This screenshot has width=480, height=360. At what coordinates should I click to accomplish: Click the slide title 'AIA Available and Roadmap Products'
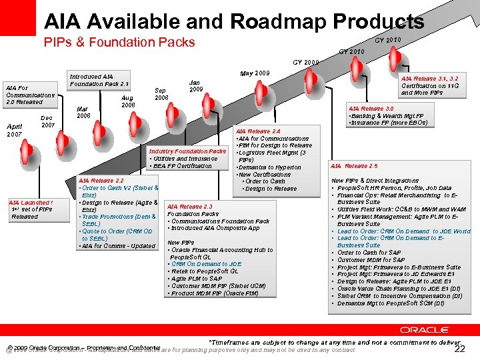pos(234,21)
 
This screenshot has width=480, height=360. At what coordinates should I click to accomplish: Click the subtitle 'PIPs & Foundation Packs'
pos(119,43)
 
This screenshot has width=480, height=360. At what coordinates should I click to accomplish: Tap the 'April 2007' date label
pos(15,130)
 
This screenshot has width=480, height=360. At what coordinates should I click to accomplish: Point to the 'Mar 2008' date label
pos(83,112)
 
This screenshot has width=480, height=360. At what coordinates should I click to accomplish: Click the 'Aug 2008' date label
pos(128,101)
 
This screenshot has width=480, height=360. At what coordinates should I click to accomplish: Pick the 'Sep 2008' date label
pos(161,94)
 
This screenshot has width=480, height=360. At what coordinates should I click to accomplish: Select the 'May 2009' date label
pos(254,73)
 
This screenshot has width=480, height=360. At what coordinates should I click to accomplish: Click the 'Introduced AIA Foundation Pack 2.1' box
pos(99,80)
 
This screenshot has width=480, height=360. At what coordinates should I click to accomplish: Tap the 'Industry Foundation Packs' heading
pos(187,151)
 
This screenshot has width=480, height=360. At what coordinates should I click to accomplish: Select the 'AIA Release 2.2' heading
pos(101,181)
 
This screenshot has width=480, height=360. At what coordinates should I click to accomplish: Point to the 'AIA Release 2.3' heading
pos(190,207)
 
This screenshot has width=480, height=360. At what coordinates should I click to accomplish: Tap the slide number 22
pos(459,349)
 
